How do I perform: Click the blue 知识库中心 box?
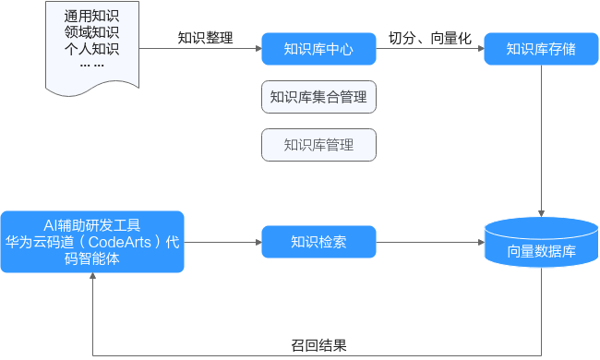(318, 49)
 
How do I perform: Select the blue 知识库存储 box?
(541, 49)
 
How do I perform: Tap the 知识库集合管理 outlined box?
(318, 97)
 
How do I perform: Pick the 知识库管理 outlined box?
(318, 145)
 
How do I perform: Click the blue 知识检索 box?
(318, 242)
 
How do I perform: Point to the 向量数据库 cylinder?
(541, 242)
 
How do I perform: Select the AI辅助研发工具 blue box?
(92, 242)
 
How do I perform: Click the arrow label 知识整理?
(206, 38)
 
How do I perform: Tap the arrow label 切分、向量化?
(430, 38)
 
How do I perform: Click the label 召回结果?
(318, 345)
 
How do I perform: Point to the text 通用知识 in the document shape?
(91, 16)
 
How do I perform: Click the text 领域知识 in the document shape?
(91, 32)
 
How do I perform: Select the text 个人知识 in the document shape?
(91, 49)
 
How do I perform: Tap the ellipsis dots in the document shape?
(91, 66)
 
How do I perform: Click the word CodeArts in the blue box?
(120, 242)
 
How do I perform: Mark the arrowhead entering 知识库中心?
(259, 49)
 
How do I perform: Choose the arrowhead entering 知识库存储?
(482, 49)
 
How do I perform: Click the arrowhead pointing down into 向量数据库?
(541, 213)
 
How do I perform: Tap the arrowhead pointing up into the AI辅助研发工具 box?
(92, 275)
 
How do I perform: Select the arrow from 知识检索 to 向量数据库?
(430, 242)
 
